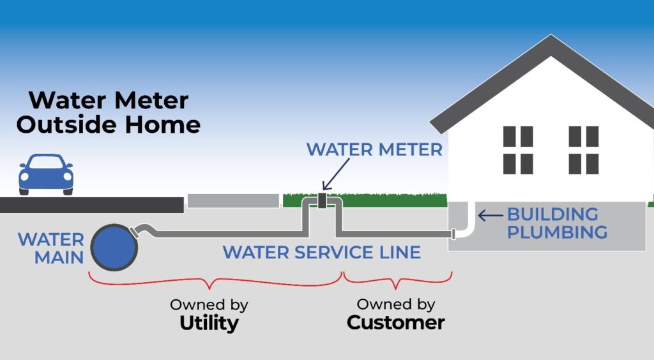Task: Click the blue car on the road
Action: coord(45,173)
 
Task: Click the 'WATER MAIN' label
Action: coord(50,248)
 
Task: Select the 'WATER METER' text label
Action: coord(374,149)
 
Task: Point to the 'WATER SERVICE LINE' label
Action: coord(321,252)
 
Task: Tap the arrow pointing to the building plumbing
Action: coord(490,216)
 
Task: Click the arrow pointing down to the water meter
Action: coord(337,174)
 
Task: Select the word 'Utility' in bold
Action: coord(208,323)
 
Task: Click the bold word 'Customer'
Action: coord(395,322)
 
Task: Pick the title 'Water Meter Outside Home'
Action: coord(108,112)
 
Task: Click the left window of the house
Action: coord(517,150)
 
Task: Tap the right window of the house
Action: coord(583,150)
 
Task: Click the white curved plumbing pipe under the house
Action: coord(468,225)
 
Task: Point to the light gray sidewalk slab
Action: coord(233,201)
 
